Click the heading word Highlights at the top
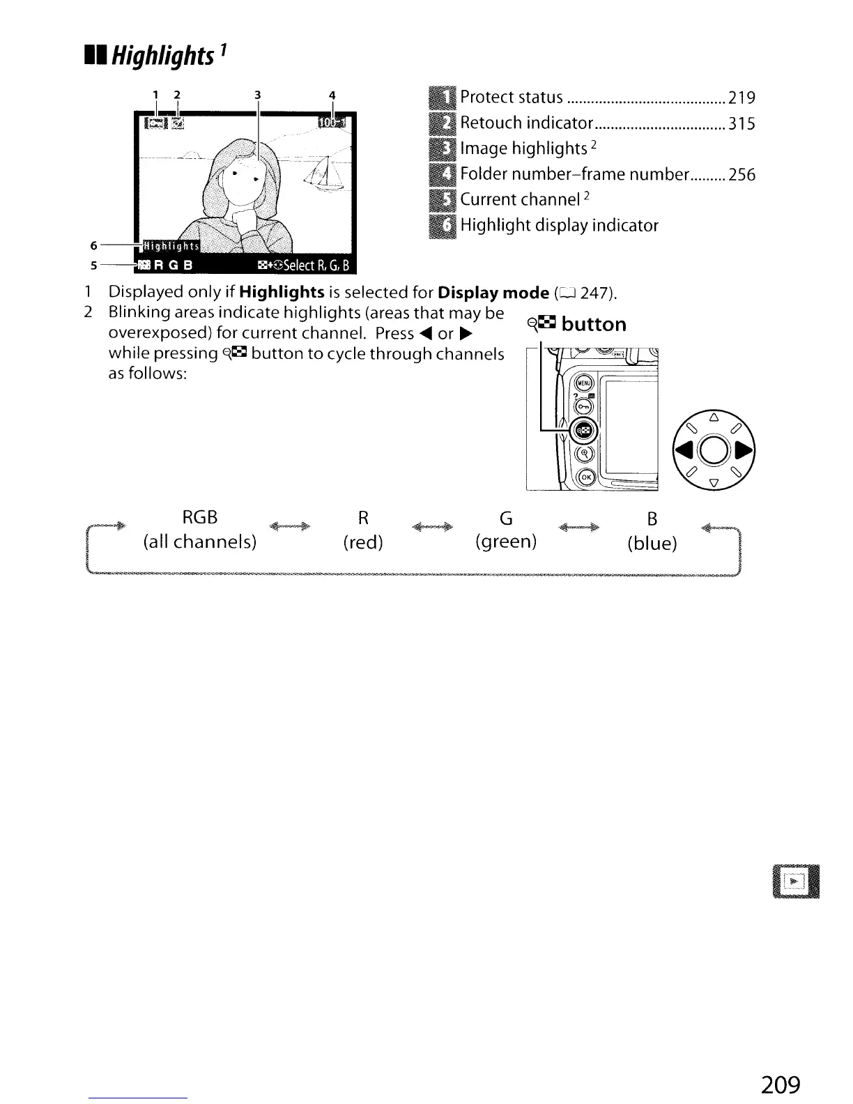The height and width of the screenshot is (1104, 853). point(164,55)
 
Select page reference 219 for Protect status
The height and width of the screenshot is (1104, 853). point(741,98)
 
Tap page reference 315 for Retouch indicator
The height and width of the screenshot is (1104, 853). point(741,124)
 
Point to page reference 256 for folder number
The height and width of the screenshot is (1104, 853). point(741,175)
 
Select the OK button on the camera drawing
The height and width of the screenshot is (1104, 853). point(585,477)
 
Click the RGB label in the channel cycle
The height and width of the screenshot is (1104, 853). point(199,517)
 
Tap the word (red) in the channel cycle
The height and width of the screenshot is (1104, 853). point(363,542)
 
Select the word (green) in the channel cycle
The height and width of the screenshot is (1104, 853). point(506,542)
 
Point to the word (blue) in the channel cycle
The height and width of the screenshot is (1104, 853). point(652,544)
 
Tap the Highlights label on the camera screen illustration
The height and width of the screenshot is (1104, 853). point(171,247)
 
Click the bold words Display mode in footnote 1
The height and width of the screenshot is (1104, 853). point(489,292)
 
